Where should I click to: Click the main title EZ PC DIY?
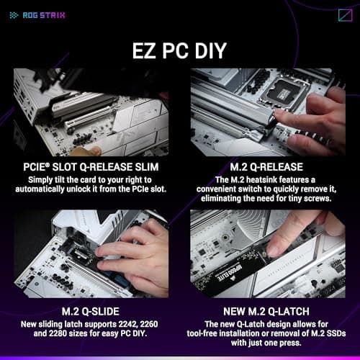[x=179, y=50]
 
